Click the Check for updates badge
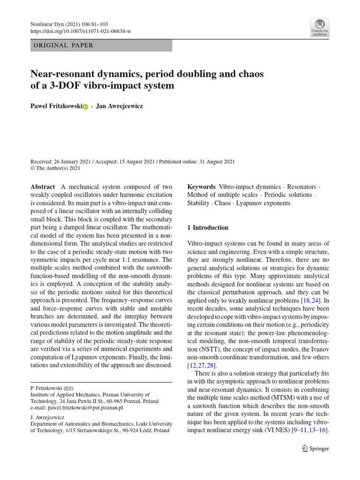(x=320, y=28)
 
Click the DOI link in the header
(x=80, y=31)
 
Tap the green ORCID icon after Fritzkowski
(x=85, y=107)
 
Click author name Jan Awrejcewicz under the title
(x=120, y=106)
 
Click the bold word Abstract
(x=43, y=187)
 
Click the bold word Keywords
(x=201, y=187)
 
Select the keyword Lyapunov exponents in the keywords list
(x=263, y=203)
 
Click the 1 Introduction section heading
(x=208, y=228)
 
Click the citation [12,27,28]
(x=202, y=365)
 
